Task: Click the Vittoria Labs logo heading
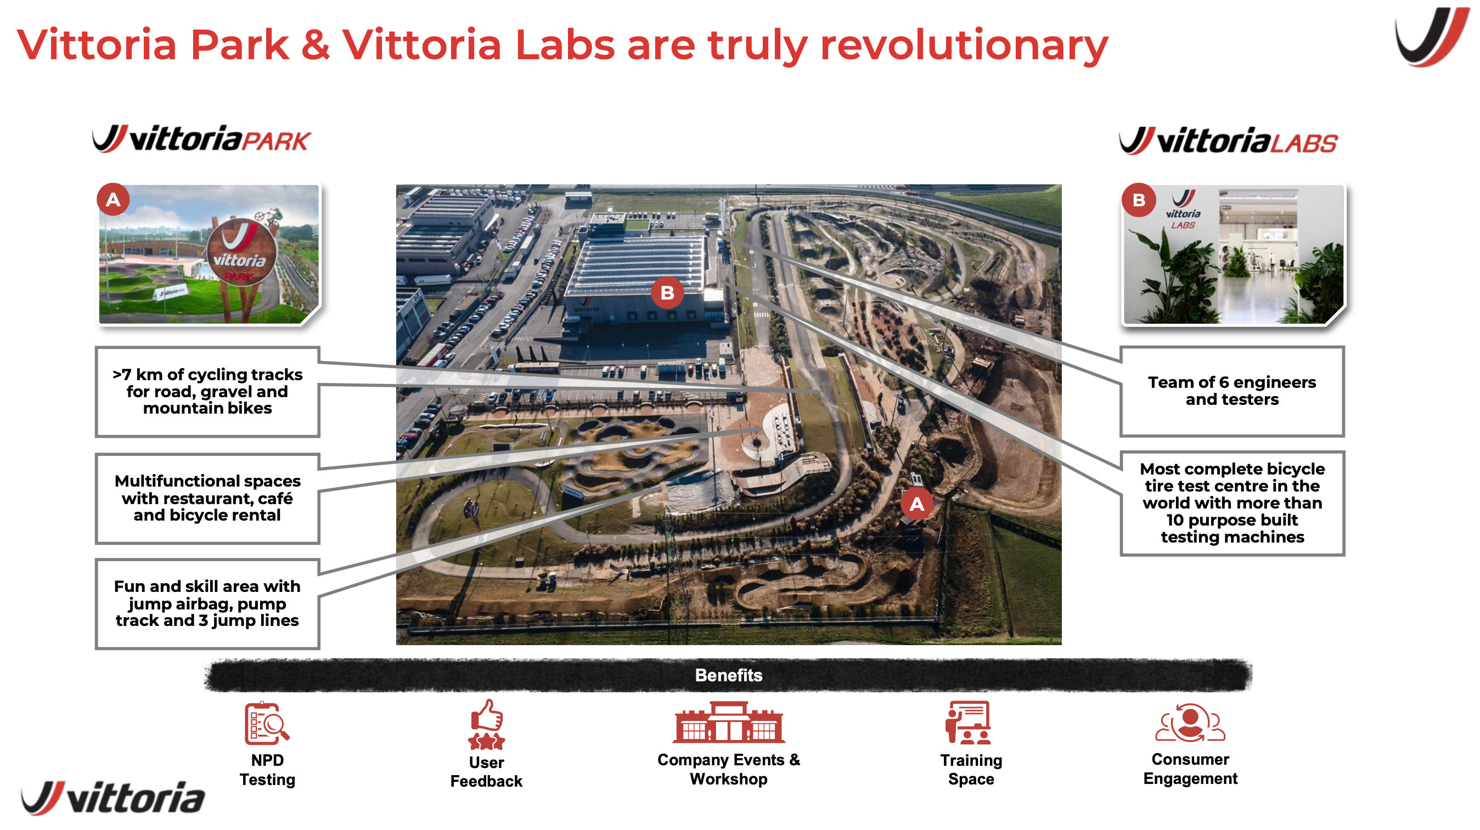[x=1228, y=142]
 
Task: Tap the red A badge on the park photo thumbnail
[x=113, y=200]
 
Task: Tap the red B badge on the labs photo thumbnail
[x=1138, y=200]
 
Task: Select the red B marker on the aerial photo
[x=667, y=293]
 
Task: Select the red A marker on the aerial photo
[x=916, y=504]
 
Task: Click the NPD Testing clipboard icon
[x=267, y=723]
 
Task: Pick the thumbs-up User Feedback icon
[x=487, y=725]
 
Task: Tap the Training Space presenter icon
[x=968, y=723]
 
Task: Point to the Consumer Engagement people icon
[x=1190, y=723]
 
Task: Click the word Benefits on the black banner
[x=729, y=675]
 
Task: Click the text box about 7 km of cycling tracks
[x=207, y=392]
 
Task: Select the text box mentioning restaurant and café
[x=207, y=498]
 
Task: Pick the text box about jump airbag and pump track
[x=207, y=603]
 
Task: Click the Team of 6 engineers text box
[x=1232, y=391]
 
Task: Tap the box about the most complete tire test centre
[x=1232, y=503]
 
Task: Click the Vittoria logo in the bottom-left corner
[x=113, y=798]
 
